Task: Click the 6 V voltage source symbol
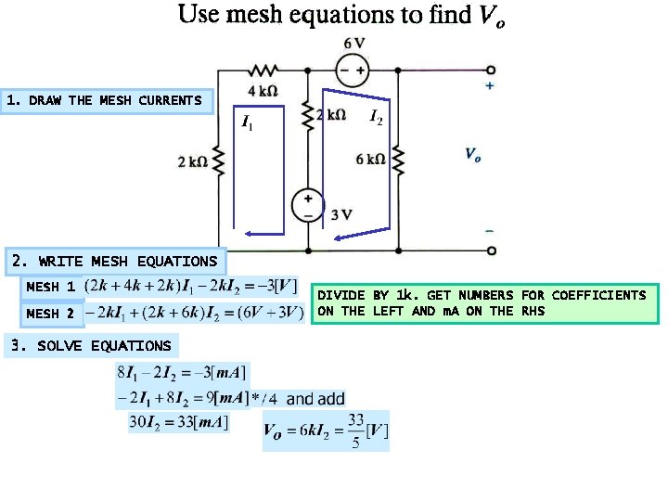click(353, 70)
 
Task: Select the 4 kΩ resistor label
click(263, 90)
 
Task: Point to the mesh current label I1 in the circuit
click(248, 121)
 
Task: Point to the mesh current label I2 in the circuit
click(376, 117)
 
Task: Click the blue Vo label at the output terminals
click(473, 155)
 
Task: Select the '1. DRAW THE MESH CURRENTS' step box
click(107, 99)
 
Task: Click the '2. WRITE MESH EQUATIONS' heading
click(113, 261)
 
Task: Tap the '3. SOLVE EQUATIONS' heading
click(91, 345)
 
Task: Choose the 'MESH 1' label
click(51, 287)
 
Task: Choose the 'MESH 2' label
click(51, 314)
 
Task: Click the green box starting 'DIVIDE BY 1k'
click(482, 302)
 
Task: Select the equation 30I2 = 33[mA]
click(178, 422)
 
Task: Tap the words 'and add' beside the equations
click(315, 399)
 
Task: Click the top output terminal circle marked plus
click(490, 70)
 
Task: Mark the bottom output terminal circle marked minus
click(490, 250)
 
